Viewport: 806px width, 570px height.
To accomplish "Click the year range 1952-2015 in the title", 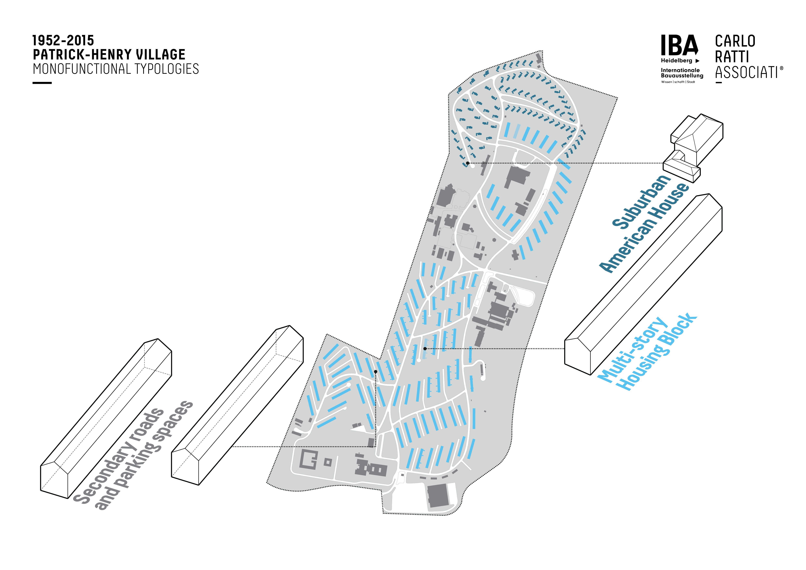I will [63, 41].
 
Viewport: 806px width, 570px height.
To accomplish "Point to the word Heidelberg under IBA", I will [677, 61].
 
